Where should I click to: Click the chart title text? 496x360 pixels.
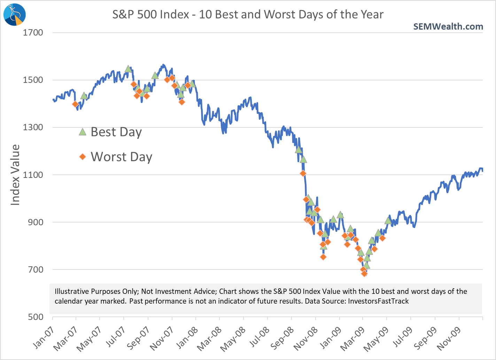pos(248,15)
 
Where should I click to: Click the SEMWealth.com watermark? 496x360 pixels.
pos(448,26)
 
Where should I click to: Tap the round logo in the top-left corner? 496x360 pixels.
pos(14,14)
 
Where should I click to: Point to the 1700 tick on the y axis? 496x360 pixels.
pos(33,33)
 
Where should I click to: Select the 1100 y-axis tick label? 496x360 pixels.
pos(33,175)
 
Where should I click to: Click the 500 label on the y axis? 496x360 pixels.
pos(36,317)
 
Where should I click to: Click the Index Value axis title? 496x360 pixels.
pos(15,175)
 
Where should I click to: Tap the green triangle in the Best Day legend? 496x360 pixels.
pos(83,132)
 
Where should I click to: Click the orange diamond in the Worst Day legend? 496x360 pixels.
pos(83,157)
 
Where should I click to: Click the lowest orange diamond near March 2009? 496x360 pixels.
pos(364,274)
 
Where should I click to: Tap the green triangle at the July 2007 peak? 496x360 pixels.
pos(128,69)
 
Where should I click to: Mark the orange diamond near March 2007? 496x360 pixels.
pos(75,104)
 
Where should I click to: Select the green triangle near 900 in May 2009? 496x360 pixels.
pos(388,220)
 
